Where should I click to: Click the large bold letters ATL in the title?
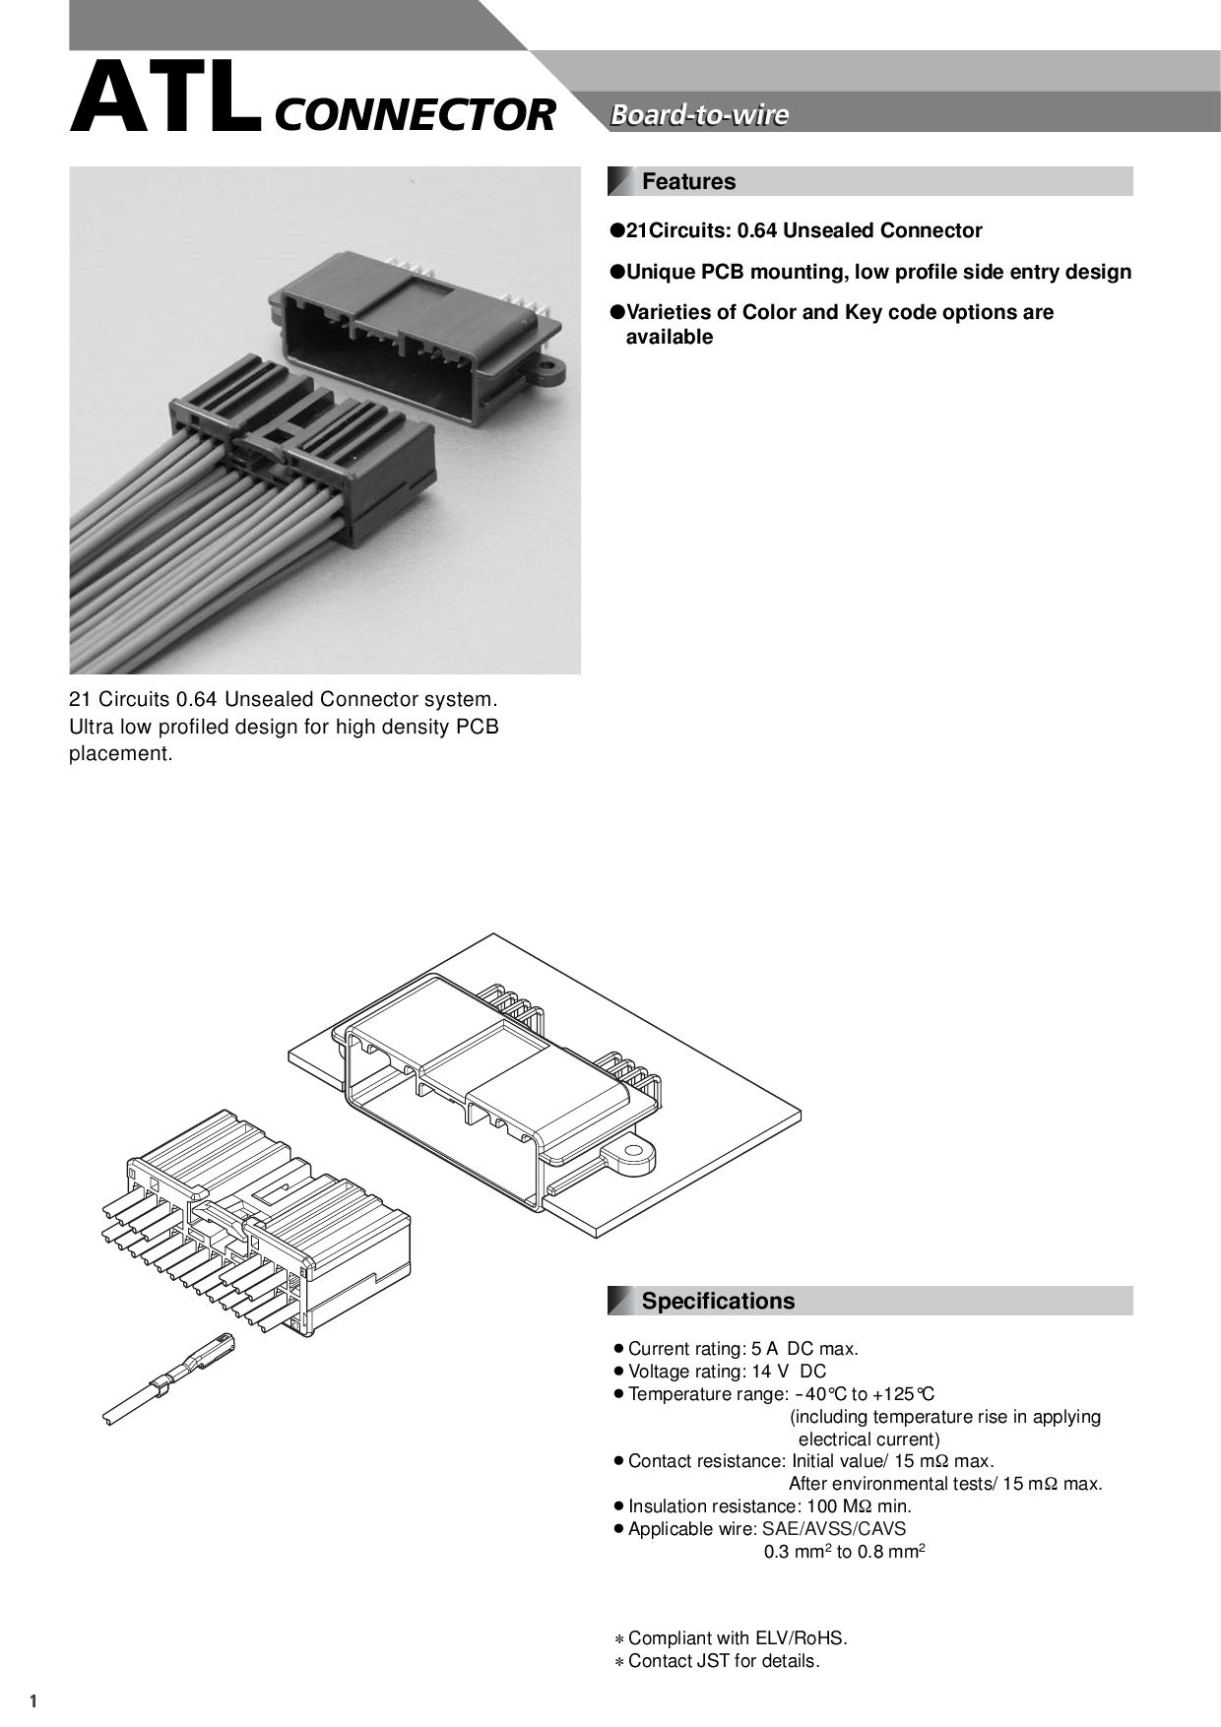[165, 99]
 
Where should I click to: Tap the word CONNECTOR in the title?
[415, 114]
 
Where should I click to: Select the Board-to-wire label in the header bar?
[699, 114]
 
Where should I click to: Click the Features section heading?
[688, 182]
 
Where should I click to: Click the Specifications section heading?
[718, 1301]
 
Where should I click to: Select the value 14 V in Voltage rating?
[765, 1372]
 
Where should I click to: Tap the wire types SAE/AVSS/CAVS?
[834, 1529]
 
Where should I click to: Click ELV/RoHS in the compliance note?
[799, 1638]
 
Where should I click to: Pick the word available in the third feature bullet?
[670, 337]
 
